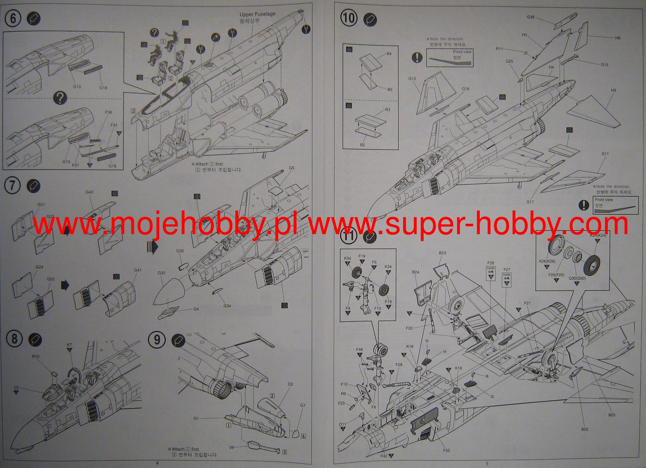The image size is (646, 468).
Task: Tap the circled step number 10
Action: tap(349, 18)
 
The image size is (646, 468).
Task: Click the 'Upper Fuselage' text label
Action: tap(257, 14)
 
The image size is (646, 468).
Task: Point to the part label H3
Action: tap(613, 90)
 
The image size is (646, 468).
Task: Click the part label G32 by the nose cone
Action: tap(161, 273)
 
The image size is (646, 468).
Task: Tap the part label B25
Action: tap(612, 415)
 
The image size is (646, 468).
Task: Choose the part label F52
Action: tap(446, 450)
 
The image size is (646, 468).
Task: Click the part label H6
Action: tap(617, 38)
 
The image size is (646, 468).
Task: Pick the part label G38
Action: tap(531, 17)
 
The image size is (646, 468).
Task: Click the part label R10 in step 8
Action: tap(36, 356)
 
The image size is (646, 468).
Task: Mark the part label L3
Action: tap(16, 388)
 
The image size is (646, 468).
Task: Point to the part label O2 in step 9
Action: tap(291, 384)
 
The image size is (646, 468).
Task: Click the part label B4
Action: tap(389, 54)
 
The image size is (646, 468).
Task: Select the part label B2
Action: tap(362, 145)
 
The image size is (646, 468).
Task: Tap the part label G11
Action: tap(605, 154)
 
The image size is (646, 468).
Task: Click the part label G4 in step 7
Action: tap(196, 309)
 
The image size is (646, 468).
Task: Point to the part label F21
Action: tap(527, 303)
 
